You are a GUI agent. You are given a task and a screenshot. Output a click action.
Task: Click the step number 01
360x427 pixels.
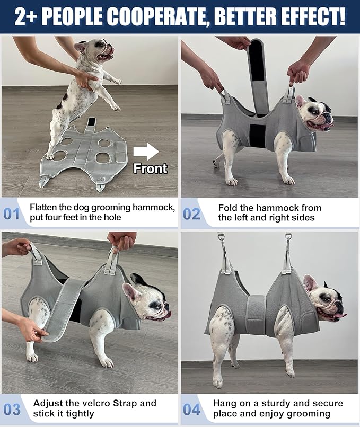tap(12, 214)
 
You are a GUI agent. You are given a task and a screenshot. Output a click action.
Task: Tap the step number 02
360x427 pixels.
tap(191, 214)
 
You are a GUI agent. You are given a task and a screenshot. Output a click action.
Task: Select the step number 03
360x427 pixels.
tap(12, 410)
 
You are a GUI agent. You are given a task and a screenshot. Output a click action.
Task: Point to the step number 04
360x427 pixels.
tap(191, 410)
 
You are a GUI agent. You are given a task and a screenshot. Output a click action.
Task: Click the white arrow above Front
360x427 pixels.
tap(146, 152)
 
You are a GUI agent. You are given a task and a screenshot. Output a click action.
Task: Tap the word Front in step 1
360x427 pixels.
tap(150, 168)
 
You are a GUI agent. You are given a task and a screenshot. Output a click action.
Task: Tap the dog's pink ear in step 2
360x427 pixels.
tap(301, 102)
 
